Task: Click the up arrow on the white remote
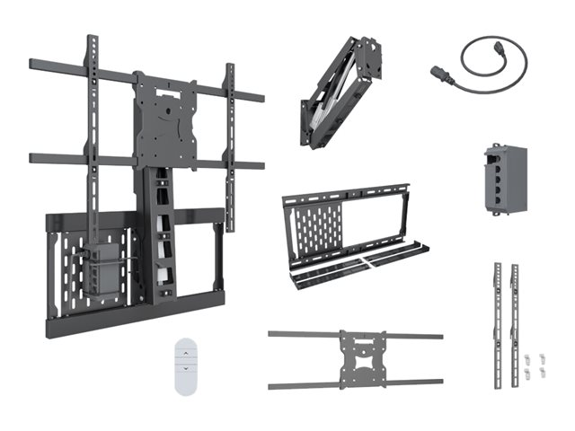[186, 353]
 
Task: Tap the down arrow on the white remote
[186, 369]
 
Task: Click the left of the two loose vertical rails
[497, 323]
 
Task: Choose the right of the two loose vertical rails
[516, 323]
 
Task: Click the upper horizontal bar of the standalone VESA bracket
[305, 335]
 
